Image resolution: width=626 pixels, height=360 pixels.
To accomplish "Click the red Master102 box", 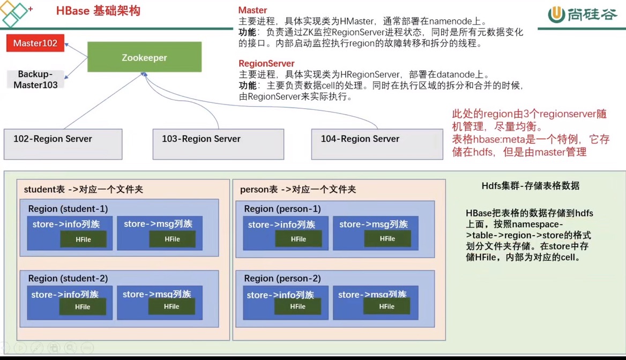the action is coord(35,43).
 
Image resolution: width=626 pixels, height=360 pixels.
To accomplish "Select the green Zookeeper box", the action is coord(145,57).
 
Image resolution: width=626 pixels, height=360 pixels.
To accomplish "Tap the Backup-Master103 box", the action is coord(35,79).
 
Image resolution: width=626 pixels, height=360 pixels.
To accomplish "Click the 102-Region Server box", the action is coord(63,144).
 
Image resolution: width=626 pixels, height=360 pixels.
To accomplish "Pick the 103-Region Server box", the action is coord(218,144).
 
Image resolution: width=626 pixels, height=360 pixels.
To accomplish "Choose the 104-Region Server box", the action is coord(377,144).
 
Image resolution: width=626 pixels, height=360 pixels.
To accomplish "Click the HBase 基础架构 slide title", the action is coord(98,11).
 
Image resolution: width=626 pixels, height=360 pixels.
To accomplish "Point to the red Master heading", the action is coord(253,10).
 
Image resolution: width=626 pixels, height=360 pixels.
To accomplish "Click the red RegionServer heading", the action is coord(266,63).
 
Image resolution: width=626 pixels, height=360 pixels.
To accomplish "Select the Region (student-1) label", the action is coord(68,209).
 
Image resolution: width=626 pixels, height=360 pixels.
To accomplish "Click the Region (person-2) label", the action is coord(282,278).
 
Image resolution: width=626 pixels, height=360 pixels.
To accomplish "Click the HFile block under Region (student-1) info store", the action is coord(84,239).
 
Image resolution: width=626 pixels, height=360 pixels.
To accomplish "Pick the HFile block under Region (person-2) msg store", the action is coord(386,306).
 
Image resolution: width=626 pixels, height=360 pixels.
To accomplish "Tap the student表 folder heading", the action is coord(84,189).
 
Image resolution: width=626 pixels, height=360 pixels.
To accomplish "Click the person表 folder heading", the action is coord(298,189).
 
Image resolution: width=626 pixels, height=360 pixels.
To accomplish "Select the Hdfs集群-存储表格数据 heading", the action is coord(530,185).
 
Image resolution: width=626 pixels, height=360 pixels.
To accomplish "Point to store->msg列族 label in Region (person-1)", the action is coord(374,224).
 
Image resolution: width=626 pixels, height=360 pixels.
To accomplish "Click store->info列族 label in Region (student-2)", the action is coord(65,295).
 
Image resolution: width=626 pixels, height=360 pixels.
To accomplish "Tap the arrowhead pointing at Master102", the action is coord(66,44).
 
